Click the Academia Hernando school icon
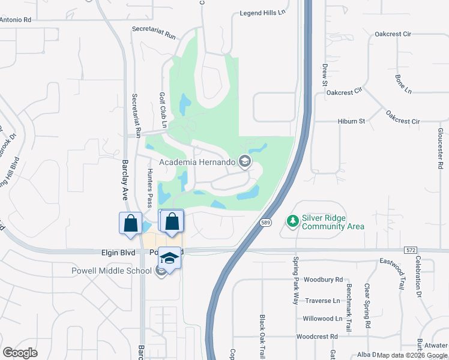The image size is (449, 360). (244, 161)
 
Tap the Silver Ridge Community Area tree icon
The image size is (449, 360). (293, 221)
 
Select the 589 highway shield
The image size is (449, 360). (265, 223)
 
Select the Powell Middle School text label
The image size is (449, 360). (112, 271)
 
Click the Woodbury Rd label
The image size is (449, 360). (323, 280)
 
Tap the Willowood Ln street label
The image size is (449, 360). (322, 319)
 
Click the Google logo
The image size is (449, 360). (20, 353)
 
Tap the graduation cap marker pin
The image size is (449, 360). (170, 258)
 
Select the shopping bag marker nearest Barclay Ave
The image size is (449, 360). (130, 224)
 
